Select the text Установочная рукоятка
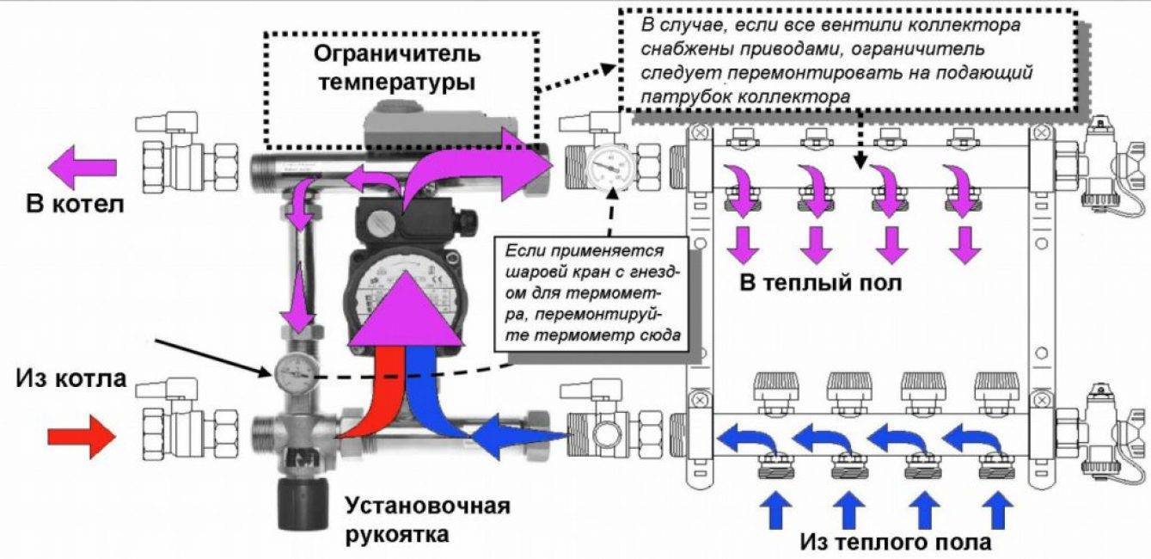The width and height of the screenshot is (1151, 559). (x=426, y=519)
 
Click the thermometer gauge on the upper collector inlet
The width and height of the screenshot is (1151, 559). (x=608, y=163)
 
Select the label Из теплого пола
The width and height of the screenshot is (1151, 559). (x=895, y=543)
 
